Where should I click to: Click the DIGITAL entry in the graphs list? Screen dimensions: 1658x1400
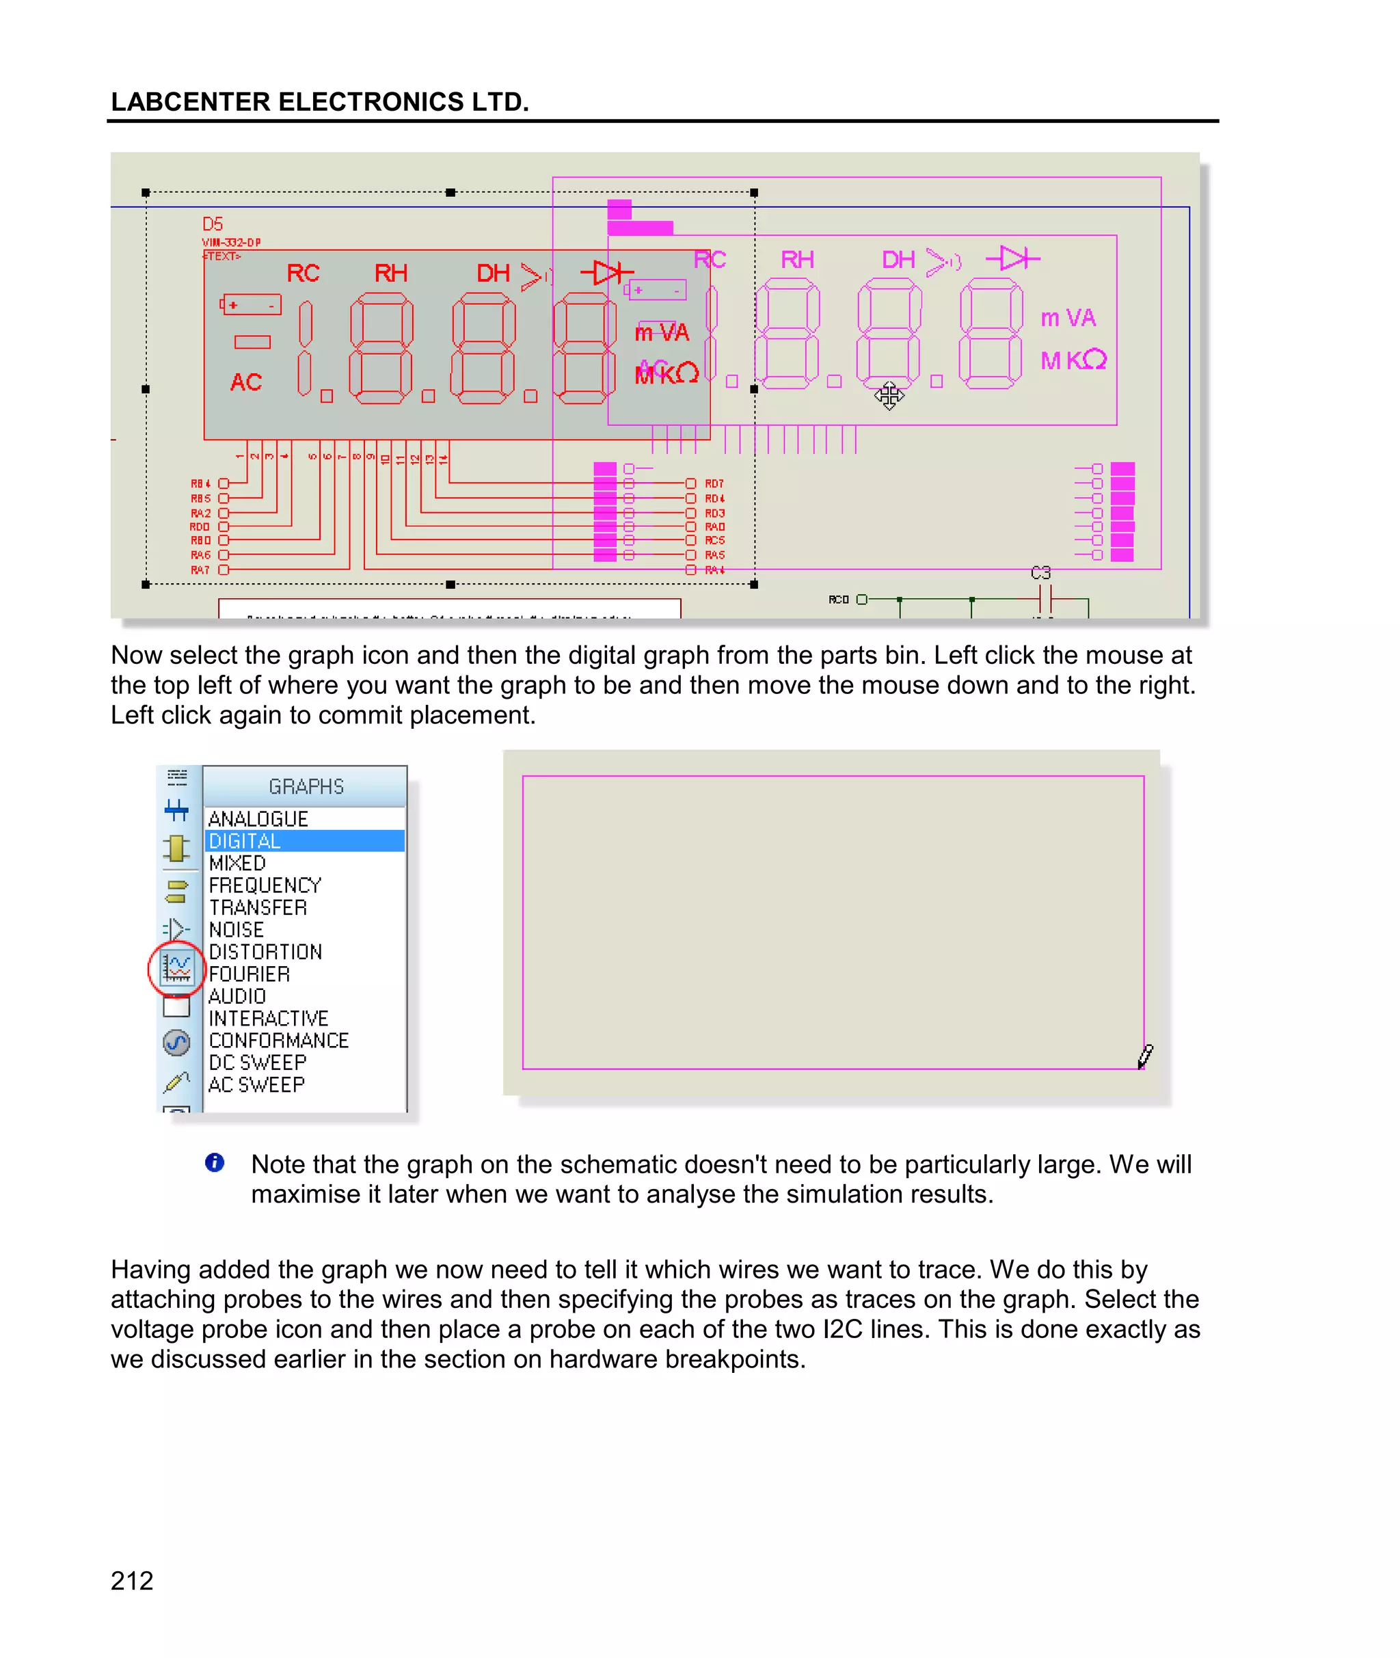click(x=246, y=841)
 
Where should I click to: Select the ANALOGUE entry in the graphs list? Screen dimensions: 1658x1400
click(x=258, y=819)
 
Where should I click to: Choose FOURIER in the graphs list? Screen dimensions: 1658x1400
click(x=250, y=974)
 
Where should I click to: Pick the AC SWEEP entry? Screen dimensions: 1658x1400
click(x=256, y=1085)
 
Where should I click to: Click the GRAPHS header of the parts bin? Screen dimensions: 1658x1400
click(x=306, y=786)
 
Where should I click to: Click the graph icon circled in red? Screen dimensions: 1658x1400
click(x=177, y=967)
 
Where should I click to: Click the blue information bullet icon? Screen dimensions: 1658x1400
click(x=214, y=1163)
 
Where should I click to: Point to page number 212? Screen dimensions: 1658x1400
click(x=132, y=1580)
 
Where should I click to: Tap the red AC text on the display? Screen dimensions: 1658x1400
click(x=246, y=383)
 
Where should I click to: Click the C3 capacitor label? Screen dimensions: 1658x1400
click(x=1040, y=573)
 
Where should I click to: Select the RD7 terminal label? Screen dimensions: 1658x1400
click(x=714, y=483)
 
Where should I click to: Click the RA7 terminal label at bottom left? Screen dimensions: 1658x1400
click(x=200, y=570)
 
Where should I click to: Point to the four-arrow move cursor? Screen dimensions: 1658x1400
click(x=889, y=395)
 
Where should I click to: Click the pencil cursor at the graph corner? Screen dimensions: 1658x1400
click(x=1145, y=1056)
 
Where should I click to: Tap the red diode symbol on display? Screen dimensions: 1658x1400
click(x=607, y=273)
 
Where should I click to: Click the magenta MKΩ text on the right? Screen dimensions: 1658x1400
click(x=1073, y=361)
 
